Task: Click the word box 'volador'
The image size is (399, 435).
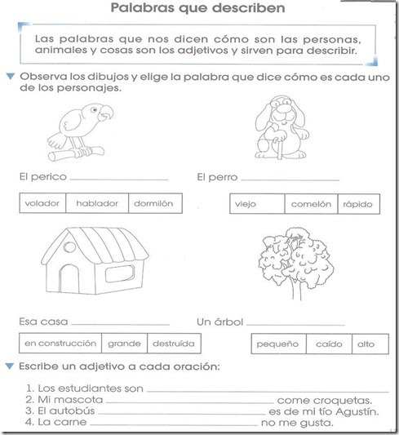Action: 43,203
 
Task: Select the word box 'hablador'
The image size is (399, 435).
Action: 98,203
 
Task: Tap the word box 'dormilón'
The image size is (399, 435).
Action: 154,203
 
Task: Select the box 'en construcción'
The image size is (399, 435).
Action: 60,343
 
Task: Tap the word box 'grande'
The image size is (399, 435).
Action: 124,343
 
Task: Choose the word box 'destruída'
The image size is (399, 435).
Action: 170,343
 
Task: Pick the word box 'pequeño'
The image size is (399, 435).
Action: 279,344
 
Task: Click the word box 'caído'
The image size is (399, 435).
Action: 329,344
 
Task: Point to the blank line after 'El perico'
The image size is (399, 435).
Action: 119,177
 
